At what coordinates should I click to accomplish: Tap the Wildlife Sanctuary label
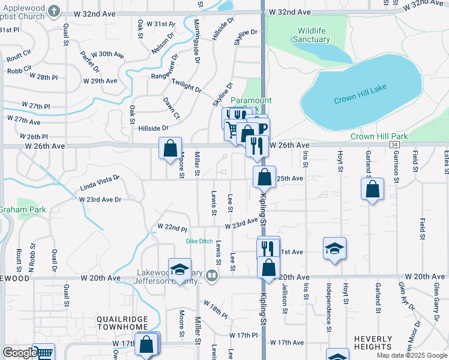(312, 35)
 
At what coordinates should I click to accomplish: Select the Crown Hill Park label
(379, 136)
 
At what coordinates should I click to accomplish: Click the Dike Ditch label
(199, 241)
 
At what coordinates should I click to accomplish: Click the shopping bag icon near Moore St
(170, 146)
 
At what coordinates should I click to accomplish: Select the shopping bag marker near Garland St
(373, 189)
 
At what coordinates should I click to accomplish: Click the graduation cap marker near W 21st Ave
(335, 248)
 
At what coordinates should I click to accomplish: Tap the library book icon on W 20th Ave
(211, 275)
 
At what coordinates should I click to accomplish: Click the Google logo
(20, 353)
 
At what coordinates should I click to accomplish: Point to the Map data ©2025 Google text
(412, 355)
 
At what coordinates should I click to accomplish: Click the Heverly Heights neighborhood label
(373, 343)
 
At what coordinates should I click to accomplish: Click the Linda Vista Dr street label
(100, 182)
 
